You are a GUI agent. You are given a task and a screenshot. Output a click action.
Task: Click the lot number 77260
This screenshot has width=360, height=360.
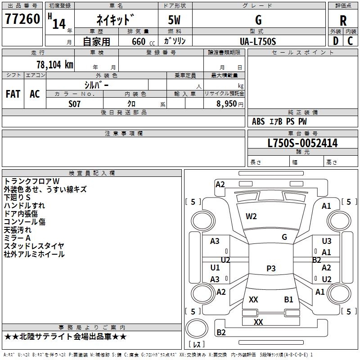tap(22, 19)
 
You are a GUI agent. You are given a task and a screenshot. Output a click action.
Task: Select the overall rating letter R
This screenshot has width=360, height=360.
tap(343, 20)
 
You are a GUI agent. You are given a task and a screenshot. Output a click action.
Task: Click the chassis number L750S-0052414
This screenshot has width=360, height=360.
tap(302, 144)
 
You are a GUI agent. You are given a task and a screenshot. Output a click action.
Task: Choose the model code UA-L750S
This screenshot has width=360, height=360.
tap(258, 41)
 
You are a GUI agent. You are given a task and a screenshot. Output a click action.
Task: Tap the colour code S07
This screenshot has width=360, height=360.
tap(74, 103)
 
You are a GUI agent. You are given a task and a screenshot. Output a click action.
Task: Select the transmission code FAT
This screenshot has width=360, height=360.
tap(13, 94)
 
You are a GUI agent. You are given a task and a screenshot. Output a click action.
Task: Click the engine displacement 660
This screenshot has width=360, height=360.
tap(139, 42)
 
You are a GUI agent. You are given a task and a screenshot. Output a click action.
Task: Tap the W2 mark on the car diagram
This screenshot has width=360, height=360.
tap(251, 216)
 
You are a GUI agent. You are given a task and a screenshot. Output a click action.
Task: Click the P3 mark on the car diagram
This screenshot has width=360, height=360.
tap(271, 269)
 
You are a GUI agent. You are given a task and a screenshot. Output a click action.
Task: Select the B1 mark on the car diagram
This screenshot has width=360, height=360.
tap(288, 299)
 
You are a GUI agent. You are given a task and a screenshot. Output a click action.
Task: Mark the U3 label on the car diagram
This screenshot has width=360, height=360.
tap(327, 242)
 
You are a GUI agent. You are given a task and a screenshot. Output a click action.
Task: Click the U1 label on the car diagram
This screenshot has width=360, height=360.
tap(215, 268)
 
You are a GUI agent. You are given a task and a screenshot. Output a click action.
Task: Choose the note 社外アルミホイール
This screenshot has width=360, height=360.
tap(34, 254)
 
